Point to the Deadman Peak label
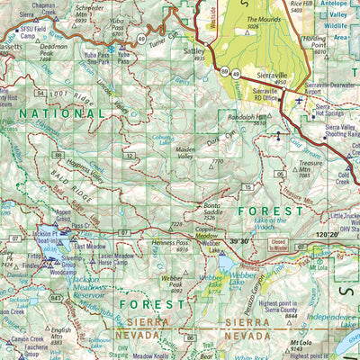(x=54, y=49)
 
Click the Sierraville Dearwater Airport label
(x=328, y=89)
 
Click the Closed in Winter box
(x=279, y=244)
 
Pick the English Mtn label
(x=61, y=334)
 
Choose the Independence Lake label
(x=334, y=317)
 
